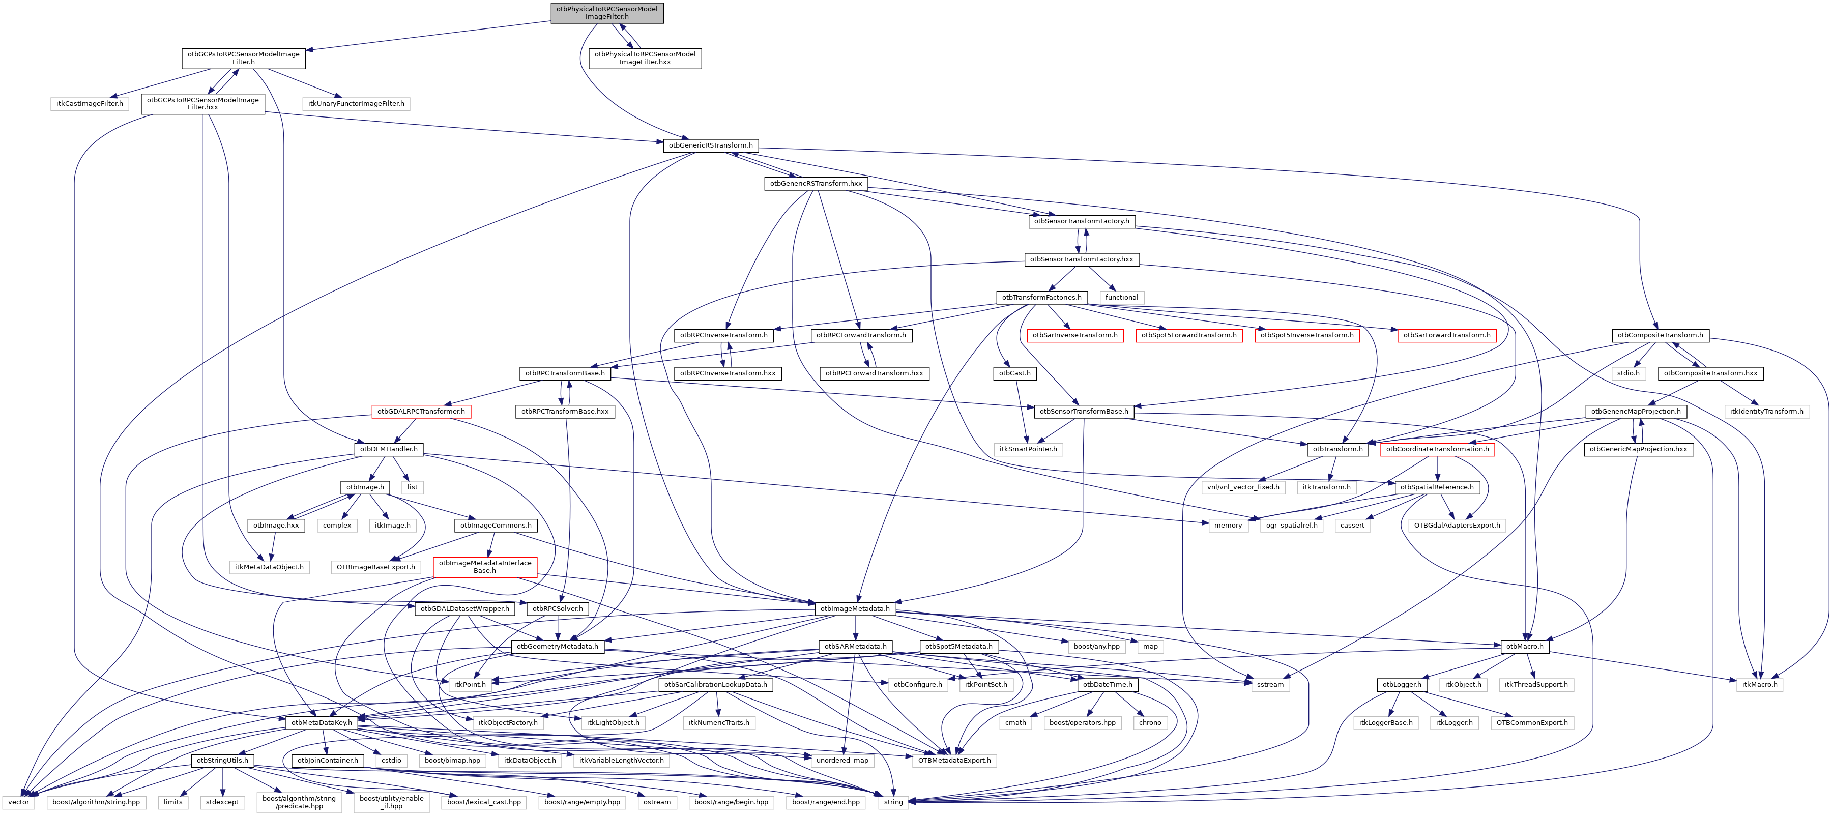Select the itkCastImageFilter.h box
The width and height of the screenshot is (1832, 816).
90,104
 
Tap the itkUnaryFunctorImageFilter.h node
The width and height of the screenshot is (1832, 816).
356,104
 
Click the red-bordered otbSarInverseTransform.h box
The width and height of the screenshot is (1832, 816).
1074,335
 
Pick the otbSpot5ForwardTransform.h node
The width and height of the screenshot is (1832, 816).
1188,335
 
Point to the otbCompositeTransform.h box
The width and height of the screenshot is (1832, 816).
1660,335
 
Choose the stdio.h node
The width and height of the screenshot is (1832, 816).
1628,373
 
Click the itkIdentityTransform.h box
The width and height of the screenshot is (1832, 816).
1766,411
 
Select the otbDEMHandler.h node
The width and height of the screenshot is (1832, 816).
388,449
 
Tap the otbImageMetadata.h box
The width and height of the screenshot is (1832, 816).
854,609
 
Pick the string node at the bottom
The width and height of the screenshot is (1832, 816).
893,802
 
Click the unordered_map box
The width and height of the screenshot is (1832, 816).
842,761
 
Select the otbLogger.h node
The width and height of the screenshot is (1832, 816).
1402,684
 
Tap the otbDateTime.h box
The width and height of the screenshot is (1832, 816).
1108,684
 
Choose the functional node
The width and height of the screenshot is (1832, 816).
1121,298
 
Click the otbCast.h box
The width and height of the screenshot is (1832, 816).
1014,373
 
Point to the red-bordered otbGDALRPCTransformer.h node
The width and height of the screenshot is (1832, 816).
421,411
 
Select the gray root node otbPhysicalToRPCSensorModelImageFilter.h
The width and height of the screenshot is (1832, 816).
606,13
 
